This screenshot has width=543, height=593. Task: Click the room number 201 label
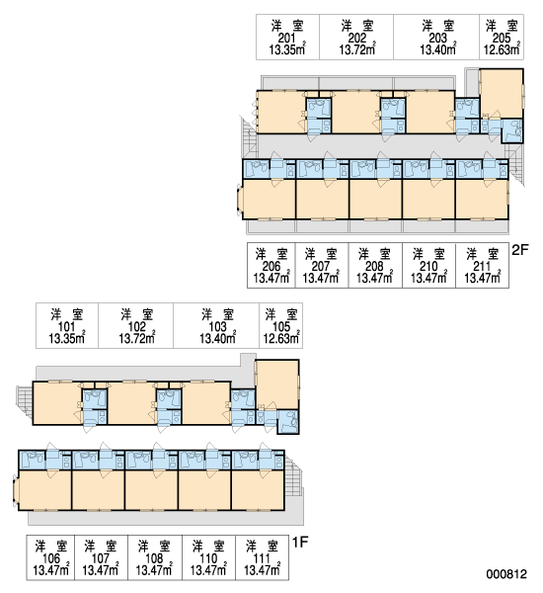point(287,39)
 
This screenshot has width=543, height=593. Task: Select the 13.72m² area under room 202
point(357,49)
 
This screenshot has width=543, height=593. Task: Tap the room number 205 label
point(502,39)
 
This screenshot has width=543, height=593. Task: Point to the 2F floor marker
point(520,250)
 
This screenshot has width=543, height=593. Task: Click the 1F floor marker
point(300,543)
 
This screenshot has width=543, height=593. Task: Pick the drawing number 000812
point(506,574)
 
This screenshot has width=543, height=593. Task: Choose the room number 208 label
point(374,266)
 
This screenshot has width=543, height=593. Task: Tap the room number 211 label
point(482,266)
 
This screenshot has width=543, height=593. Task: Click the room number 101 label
point(66,327)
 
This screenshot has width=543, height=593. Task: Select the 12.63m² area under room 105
point(281,338)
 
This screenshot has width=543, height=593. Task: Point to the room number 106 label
point(50,558)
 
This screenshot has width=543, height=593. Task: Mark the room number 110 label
point(208,558)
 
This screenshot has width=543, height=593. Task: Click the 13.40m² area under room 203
point(438,49)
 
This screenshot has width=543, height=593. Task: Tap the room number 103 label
point(217,327)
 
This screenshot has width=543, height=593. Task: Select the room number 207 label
point(321,266)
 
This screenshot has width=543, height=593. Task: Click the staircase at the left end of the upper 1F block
point(25,401)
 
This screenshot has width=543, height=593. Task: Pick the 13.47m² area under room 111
point(262,569)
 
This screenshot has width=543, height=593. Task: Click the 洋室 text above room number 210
point(428,254)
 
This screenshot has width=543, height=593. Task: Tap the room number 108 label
point(154,558)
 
